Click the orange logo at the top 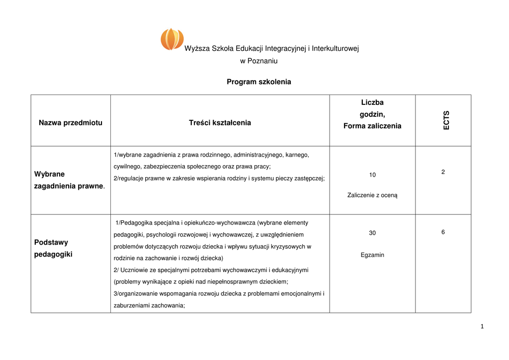coord(172,39)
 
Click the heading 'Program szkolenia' coord(258,82)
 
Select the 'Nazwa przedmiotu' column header coord(71,123)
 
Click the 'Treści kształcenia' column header coord(220,123)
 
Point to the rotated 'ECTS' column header coord(446,120)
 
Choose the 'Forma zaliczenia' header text coord(372,126)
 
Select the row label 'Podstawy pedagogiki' coord(53,248)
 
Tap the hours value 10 coord(372,175)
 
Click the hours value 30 coord(372,233)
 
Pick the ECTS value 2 coord(443,172)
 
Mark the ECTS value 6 coord(443,232)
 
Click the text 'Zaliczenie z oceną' coord(372,195)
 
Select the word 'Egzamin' coord(372,255)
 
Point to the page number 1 coord(482,326)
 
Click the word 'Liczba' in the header coord(372,102)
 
